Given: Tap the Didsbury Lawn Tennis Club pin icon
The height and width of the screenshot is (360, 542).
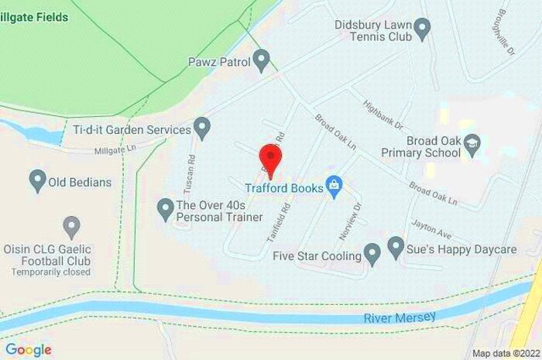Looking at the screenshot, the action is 422,30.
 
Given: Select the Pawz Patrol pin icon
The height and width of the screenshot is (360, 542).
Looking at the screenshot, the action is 262,59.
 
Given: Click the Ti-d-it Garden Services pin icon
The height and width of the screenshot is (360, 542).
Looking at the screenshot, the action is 202,125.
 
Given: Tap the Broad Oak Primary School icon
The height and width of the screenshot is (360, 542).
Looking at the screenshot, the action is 472,143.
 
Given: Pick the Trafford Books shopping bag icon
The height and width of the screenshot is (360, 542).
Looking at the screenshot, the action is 334,187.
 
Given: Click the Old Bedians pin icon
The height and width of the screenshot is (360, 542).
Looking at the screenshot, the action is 36,181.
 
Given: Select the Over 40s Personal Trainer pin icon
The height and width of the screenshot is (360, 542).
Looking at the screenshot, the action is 165,207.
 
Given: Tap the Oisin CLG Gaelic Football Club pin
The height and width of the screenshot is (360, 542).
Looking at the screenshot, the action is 71,227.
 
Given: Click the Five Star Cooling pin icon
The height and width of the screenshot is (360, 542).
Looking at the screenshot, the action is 372,254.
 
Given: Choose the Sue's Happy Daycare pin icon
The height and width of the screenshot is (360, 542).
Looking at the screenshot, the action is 396,248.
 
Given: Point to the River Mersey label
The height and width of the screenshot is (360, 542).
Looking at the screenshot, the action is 400,317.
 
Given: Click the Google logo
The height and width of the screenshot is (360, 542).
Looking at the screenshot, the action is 28,349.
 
